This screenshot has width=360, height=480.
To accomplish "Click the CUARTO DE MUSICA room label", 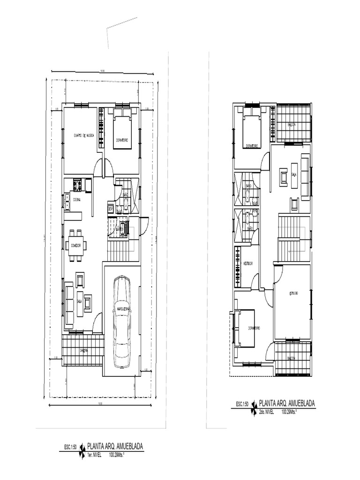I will pos(84,135).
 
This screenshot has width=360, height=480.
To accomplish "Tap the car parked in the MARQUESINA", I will pos(125,316).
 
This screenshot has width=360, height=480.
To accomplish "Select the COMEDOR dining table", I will pos(76,245).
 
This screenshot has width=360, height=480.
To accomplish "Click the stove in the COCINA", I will pos(77,186).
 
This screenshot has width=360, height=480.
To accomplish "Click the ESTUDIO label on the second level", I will pos(293,293).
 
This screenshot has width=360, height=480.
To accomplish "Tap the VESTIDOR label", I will pos(248,264).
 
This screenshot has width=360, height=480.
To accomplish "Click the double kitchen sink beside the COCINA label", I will pos(66,200).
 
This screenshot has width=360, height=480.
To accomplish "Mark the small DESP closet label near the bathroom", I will pos(111,209).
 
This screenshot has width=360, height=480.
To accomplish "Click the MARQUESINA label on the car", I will pos(125,308).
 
